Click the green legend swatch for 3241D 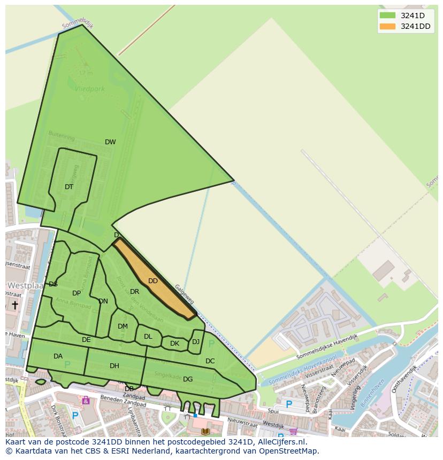(387, 15)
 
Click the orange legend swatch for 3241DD (387, 27)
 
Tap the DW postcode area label (110, 142)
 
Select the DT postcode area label (69, 187)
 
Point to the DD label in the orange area (153, 281)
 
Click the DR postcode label (134, 292)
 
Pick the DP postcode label (77, 293)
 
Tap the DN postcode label (103, 301)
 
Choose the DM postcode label (123, 326)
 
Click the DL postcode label (148, 337)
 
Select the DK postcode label (174, 344)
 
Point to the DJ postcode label (196, 342)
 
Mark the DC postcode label (210, 361)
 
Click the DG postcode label (188, 379)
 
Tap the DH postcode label (114, 366)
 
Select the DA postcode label (58, 356)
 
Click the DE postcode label (86, 340)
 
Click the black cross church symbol (15, 305)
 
